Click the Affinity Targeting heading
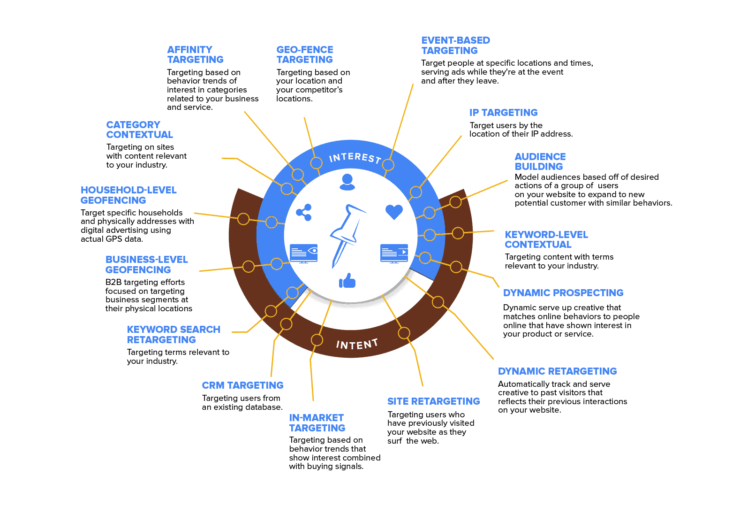195,54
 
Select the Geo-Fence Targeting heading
305,54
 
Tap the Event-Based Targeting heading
455,46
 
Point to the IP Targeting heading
503,113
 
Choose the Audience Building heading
540,161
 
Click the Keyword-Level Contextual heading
546,239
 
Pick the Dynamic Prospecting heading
563,293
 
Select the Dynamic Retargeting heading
557,371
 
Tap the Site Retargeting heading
433,401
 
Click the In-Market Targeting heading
317,423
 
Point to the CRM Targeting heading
242,385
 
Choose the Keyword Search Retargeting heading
173,335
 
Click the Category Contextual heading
139,130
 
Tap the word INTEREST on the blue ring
355,158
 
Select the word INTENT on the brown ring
357,345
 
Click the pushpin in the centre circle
347,235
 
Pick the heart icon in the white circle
394,212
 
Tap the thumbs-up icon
347,281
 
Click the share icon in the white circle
304,213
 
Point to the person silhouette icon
347,182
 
